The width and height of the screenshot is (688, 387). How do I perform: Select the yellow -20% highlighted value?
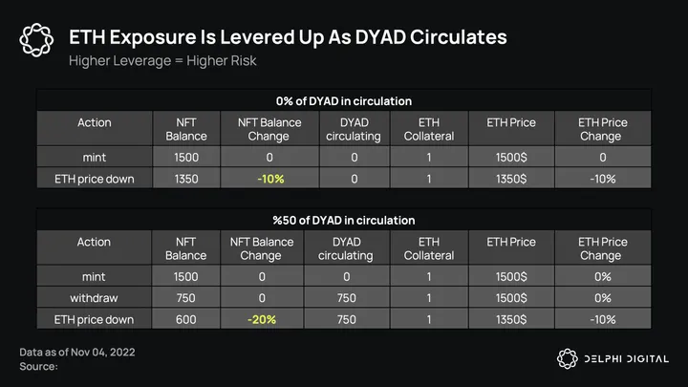click(x=262, y=319)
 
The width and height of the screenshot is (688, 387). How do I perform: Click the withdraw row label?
click(x=94, y=297)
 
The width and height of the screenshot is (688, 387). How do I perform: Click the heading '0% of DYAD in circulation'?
click(x=344, y=100)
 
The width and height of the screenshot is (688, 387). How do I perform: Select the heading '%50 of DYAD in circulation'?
click(x=344, y=220)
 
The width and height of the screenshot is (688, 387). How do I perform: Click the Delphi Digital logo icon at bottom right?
click(x=569, y=357)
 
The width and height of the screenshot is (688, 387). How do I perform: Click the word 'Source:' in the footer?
click(x=39, y=366)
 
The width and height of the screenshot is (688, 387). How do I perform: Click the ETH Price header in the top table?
click(x=511, y=123)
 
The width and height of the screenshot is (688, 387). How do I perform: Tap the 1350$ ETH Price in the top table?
click(x=511, y=178)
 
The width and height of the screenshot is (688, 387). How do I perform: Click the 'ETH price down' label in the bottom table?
click(x=94, y=319)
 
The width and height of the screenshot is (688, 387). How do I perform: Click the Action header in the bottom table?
click(x=94, y=243)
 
